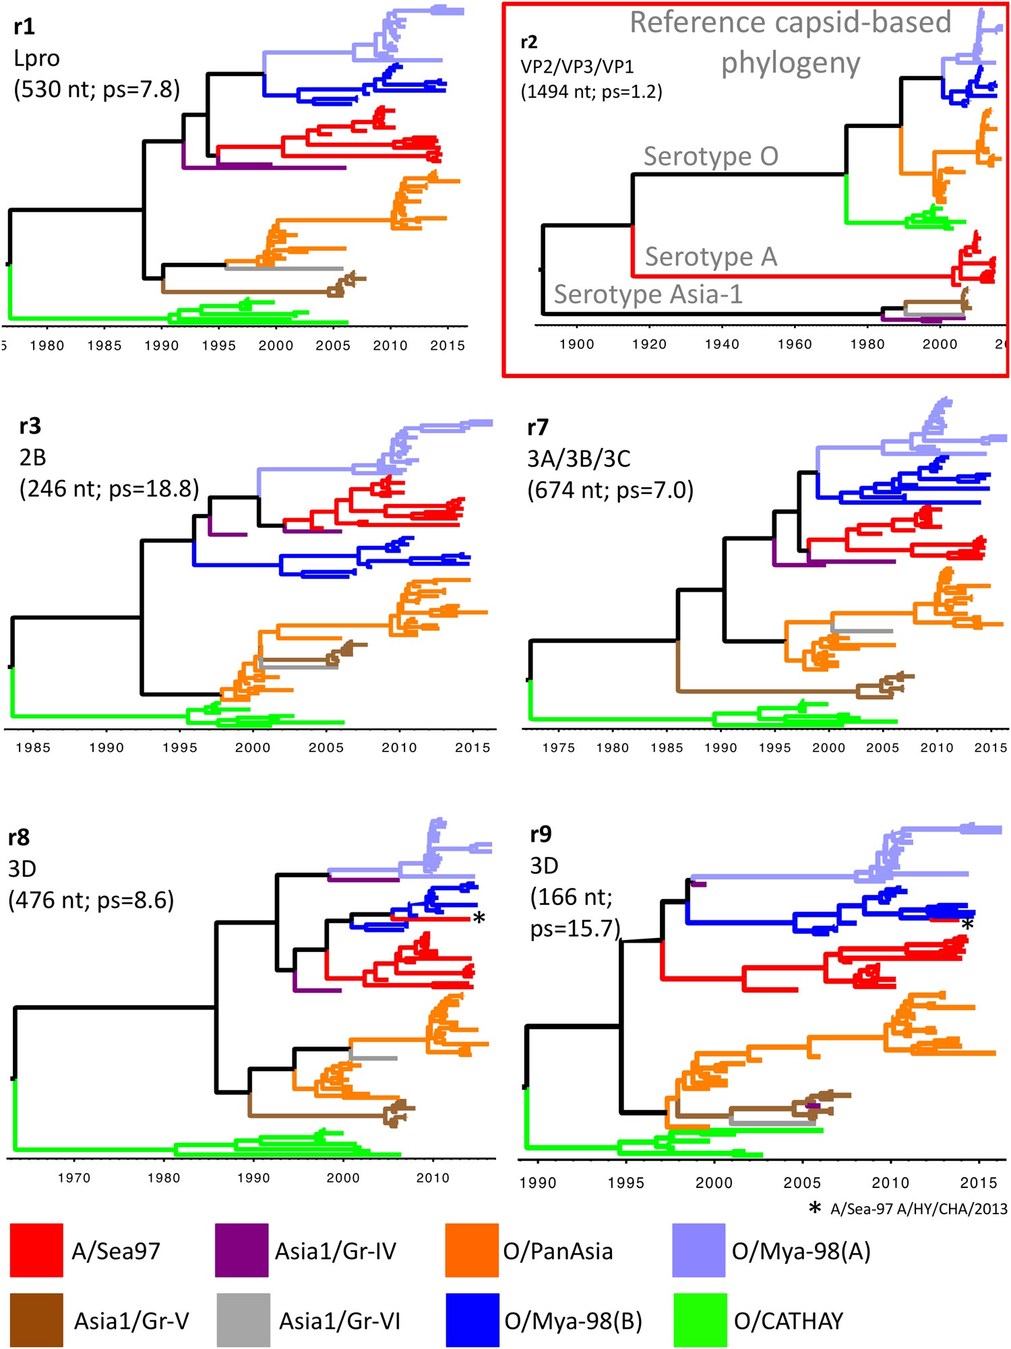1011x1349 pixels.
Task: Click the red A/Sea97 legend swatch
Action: (36, 1251)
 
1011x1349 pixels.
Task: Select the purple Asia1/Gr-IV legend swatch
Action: (241, 1251)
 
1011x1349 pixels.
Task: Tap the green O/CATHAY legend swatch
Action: (700, 1320)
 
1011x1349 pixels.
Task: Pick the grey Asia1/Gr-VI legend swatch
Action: (243, 1320)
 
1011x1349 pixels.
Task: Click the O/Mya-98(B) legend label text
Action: (573, 1321)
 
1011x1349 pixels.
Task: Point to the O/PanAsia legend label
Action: (558, 1251)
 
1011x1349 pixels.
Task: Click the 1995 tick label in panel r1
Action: (218, 346)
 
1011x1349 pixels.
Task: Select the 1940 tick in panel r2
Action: (722, 344)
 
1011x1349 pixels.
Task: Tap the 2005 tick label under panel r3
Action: (326, 747)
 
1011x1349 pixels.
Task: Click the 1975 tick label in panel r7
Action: (559, 748)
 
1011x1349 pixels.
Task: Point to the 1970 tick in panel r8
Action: (74, 1178)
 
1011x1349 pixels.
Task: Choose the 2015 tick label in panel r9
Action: (979, 1183)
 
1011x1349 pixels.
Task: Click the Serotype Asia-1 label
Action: (648, 294)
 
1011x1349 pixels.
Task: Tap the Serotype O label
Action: (710, 156)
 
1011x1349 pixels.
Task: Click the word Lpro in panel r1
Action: (36, 59)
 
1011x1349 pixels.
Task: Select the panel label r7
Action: (538, 427)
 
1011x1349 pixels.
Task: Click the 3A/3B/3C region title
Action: (579, 459)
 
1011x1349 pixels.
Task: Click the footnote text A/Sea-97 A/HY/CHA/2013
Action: (919, 1209)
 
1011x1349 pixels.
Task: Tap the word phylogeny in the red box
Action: (790, 64)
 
